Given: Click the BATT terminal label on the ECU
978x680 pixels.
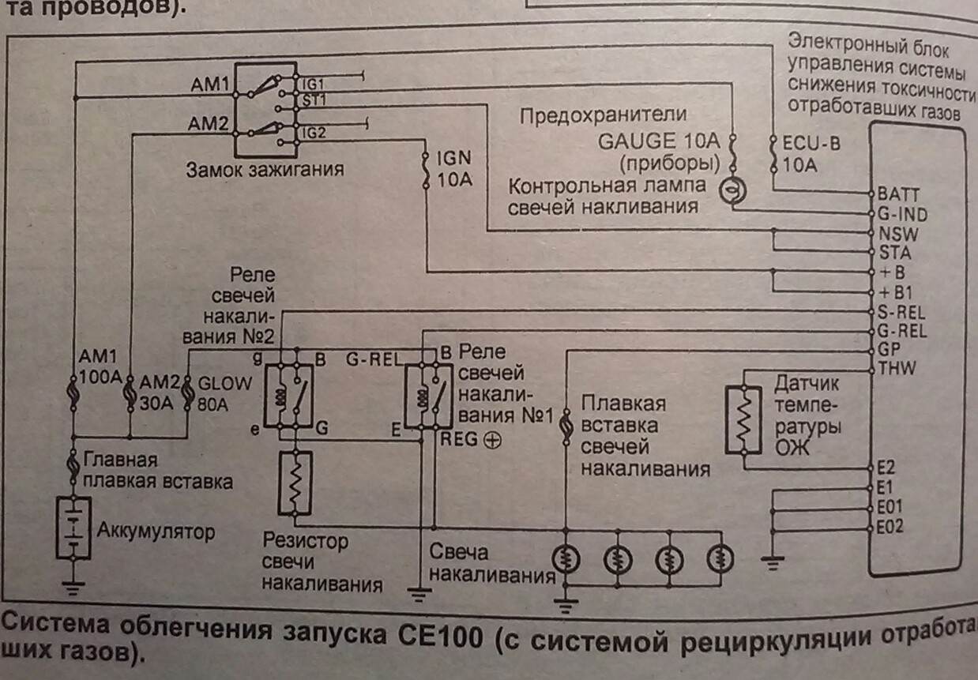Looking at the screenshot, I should tap(899, 193).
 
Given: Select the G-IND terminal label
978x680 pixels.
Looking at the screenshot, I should tap(903, 214).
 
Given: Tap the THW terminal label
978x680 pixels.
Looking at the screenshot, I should tap(897, 367).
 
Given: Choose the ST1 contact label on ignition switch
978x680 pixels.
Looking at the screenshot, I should tap(314, 100).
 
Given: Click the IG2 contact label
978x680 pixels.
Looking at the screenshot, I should tap(314, 133).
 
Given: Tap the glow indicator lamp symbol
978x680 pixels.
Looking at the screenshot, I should tap(731, 190).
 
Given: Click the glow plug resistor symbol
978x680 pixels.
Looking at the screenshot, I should tap(295, 481).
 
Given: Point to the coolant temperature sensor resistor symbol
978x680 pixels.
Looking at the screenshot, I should tap(743, 419).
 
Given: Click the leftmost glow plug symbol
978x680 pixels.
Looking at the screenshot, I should tap(566, 559).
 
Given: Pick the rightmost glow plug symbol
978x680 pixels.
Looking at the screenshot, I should tap(720, 559).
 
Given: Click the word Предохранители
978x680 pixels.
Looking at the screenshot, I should tap(603, 117).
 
